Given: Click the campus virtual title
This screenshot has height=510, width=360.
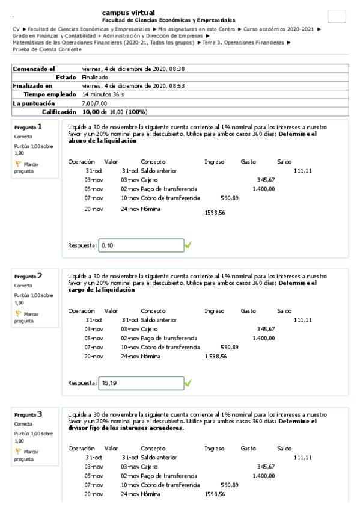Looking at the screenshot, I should tap(128, 13).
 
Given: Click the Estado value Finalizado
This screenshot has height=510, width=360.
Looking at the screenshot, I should tap(95, 78).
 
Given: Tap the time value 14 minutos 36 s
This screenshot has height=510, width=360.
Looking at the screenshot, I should tap(103, 94).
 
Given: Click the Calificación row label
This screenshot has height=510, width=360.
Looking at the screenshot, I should tap(59, 112).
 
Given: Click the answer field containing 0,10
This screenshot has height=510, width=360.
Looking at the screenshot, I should tap(141, 245).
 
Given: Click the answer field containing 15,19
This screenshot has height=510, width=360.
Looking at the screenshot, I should tap(141, 382).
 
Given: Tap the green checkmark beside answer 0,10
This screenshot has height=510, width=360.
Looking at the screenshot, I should tap(188, 245).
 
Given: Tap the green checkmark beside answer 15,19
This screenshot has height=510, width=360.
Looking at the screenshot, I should tap(188, 382).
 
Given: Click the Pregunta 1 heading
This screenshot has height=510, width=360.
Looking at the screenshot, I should tap(28, 127).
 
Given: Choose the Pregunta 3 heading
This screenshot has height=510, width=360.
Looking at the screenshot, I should tap(28, 414).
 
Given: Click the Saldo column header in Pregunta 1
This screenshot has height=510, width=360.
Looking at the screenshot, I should tap(284, 161).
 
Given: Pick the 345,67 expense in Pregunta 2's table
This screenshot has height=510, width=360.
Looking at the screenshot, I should tap(266, 329).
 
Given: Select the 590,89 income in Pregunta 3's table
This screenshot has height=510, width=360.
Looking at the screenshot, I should tap(230, 484).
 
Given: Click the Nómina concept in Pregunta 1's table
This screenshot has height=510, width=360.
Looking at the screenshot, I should tap(151, 209).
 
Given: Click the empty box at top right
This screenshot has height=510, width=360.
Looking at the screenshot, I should tap(337, 17).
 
